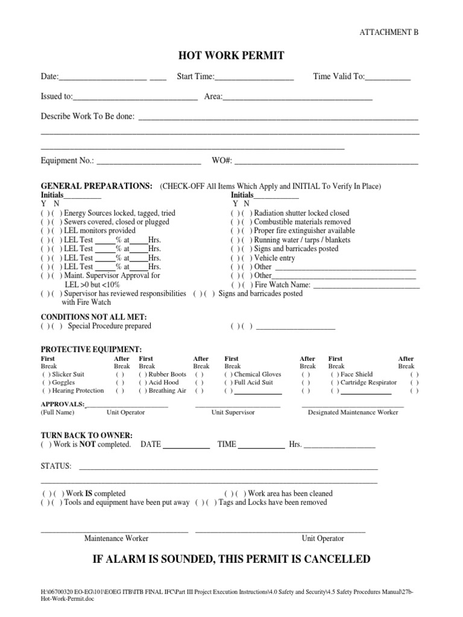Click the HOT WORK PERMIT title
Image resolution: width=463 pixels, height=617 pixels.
[x=231, y=56]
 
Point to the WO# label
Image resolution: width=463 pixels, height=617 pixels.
[x=221, y=161]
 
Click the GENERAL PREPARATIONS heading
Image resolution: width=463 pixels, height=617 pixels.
[x=96, y=186]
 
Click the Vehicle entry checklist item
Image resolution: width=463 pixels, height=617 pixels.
[x=275, y=258]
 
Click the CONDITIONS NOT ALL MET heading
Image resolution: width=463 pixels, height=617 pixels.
[x=93, y=317]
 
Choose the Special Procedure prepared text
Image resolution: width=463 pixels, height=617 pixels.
[x=109, y=326]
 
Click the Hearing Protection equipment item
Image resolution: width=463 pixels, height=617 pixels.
[x=78, y=391]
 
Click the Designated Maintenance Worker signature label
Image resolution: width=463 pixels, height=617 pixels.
[x=353, y=412]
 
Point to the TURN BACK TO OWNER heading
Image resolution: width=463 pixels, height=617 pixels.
[x=86, y=435]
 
